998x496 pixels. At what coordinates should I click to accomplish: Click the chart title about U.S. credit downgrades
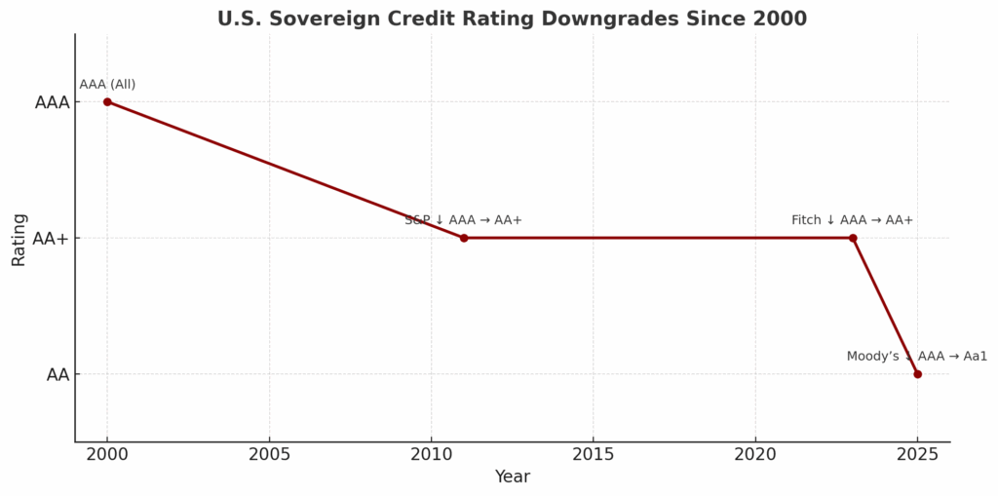pyautogui.click(x=512, y=19)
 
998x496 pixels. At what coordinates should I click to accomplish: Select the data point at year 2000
pyautogui.click(x=107, y=101)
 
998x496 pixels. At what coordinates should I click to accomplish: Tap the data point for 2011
pyautogui.click(x=464, y=238)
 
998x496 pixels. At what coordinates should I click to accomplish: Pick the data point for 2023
pyautogui.click(x=853, y=238)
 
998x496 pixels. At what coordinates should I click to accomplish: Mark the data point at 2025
pyautogui.click(x=917, y=374)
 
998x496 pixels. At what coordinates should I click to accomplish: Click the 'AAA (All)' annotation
pyautogui.click(x=107, y=85)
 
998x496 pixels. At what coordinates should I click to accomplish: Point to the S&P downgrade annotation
pyautogui.click(x=464, y=220)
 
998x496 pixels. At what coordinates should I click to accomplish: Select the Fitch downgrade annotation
pyautogui.click(x=853, y=220)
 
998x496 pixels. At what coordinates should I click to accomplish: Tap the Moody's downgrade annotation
pyautogui.click(x=916, y=357)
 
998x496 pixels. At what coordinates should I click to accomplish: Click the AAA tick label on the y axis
pyautogui.click(x=52, y=102)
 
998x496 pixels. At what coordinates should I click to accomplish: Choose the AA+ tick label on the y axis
pyautogui.click(x=52, y=239)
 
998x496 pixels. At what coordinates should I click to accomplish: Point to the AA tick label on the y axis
pyautogui.click(x=58, y=375)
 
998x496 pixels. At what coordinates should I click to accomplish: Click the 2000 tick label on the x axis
pyautogui.click(x=107, y=454)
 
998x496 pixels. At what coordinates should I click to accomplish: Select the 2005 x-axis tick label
pyautogui.click(x=269, y=454)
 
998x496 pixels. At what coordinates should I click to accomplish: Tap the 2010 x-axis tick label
pyautogui.click(x=431, y=454)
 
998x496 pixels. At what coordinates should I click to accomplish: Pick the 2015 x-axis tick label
pyautogui.click(x=593, y=454)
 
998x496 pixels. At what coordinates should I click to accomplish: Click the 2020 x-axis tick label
pyautogui.click(x=754, y=454)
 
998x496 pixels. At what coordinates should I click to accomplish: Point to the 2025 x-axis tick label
pyautogui.click(x=917, y=454)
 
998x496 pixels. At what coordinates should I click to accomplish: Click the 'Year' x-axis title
pyautogui.click(x=512, y=477)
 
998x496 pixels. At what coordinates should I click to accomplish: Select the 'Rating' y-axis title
pyautogui.click(x=19, y=239)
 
